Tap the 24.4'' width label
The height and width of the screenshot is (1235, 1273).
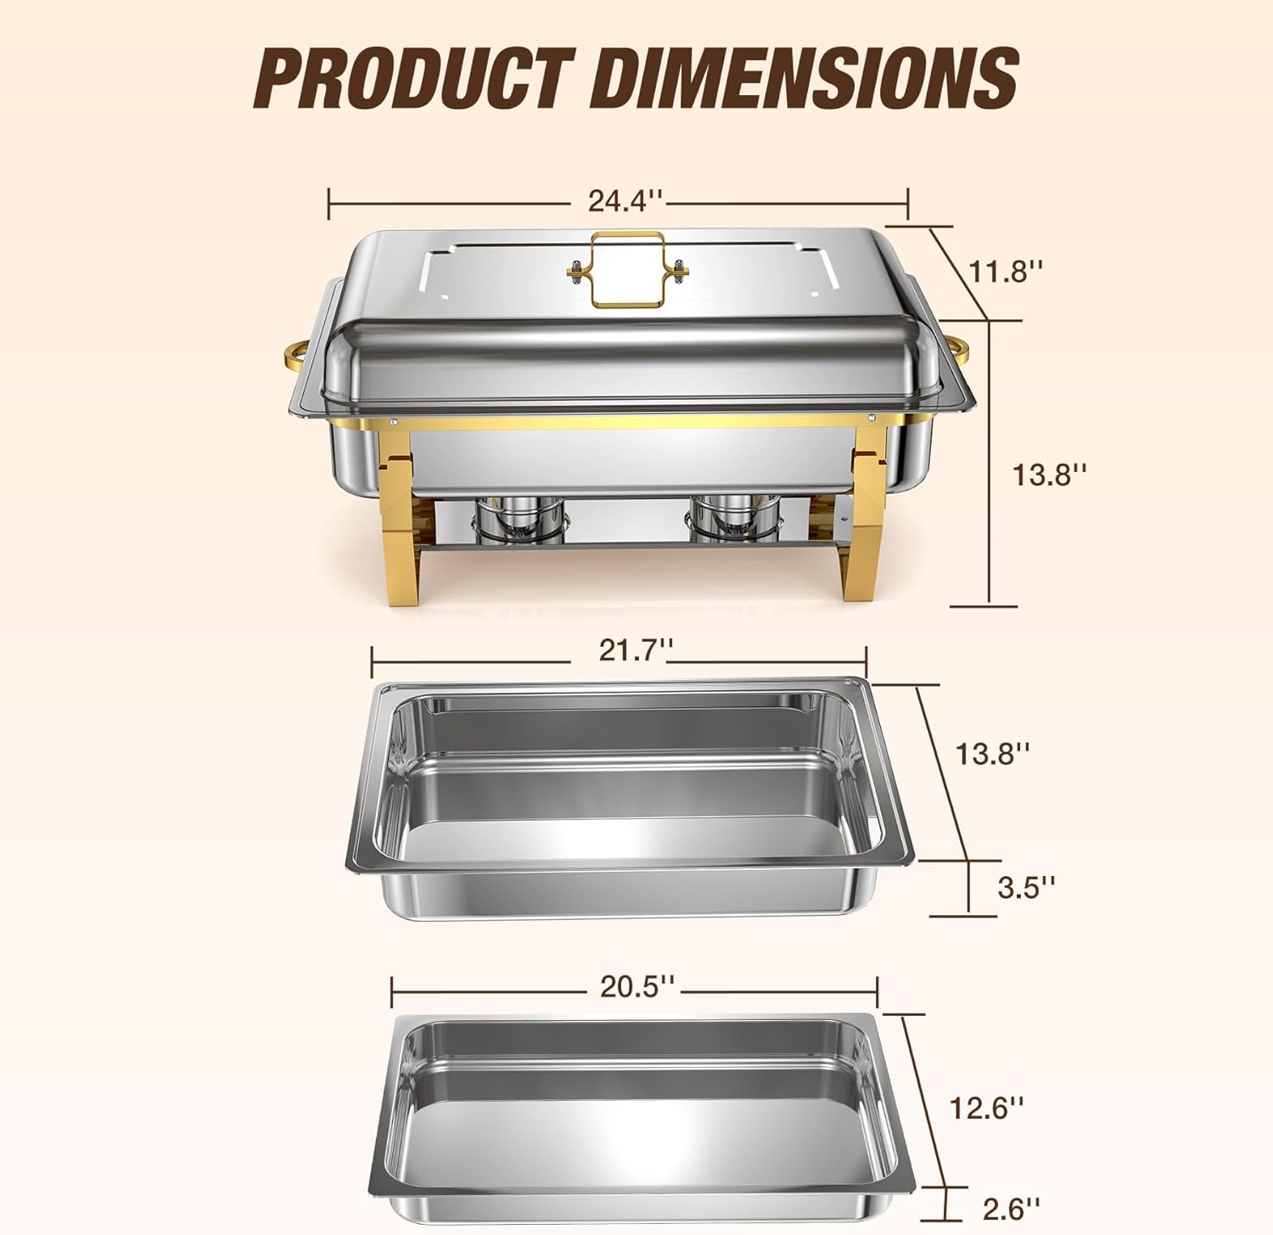point(625,202)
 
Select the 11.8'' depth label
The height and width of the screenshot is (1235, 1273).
point(1005,272)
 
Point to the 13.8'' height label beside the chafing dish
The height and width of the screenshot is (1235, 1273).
point(1049,474)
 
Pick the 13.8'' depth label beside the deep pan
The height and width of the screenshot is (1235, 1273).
point(992,752)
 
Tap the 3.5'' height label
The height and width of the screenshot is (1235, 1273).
point(1026,887)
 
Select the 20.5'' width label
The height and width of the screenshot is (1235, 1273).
point(637,986)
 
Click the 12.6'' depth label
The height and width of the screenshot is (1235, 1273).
point(986,1107)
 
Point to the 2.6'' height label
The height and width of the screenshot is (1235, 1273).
point(1011,1207)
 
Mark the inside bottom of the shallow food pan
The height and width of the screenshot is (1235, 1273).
point(632,1129)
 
